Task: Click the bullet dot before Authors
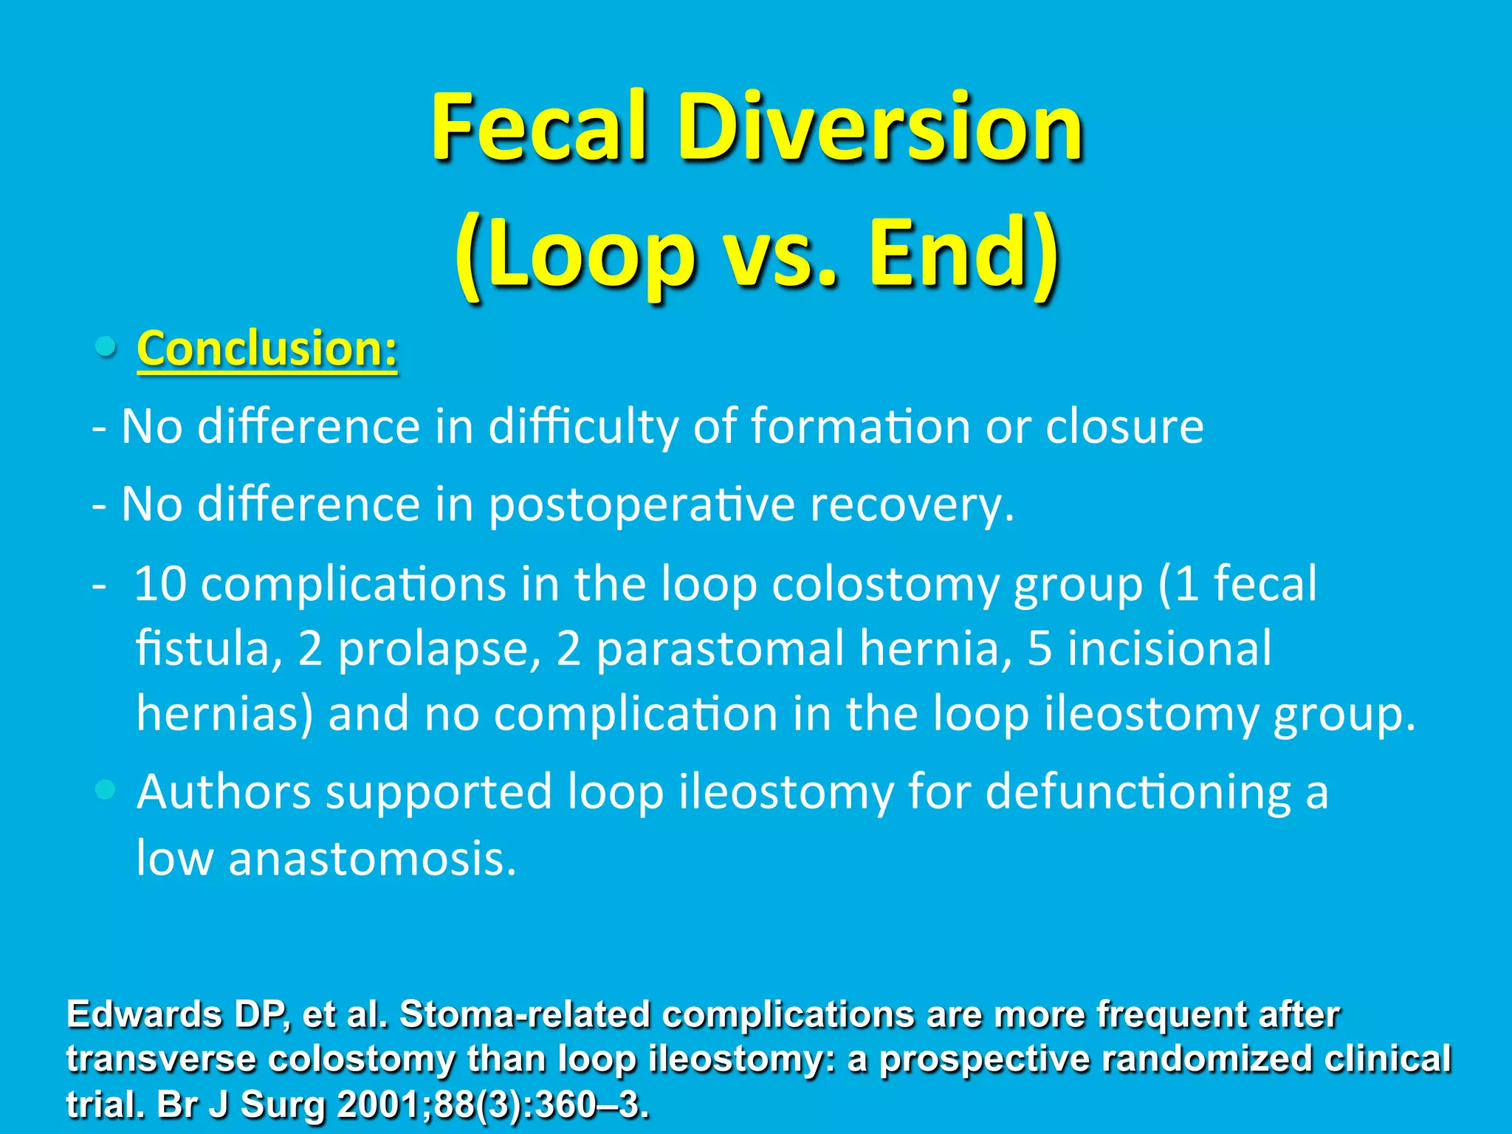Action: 106,790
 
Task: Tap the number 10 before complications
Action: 160,584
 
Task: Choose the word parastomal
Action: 720,649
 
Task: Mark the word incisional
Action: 1170,649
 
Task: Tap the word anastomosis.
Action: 372,859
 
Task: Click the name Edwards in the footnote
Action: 144,1015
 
